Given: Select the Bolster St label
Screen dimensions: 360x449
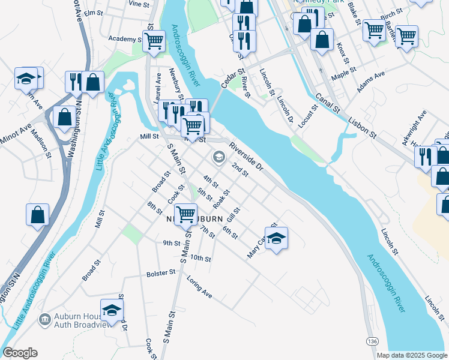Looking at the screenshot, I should [x=160, y=273].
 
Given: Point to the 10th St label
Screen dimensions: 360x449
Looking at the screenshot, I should [x=200, y=259].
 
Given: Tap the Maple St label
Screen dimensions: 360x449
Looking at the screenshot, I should [x=344, y=70].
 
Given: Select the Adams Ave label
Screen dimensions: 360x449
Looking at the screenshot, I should [x=370, y=83].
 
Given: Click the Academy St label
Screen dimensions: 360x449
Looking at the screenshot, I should [x=124, y=39].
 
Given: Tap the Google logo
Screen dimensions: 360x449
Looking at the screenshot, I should [x=20, y=353].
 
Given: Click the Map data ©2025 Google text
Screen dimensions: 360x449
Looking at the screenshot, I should [x=411, y=355].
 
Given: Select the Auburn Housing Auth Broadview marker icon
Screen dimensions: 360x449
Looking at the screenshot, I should [x=44, y=319].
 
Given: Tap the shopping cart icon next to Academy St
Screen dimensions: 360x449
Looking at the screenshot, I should [x=154, y=41].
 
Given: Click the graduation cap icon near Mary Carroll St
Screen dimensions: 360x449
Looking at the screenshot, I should [x=276, y=238].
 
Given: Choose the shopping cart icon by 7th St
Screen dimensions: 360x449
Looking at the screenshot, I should [x=185, y=214].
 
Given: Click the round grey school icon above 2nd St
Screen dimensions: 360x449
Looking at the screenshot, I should [x=219, y=157].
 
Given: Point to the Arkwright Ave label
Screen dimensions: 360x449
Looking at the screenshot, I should [x=415, y=123].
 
